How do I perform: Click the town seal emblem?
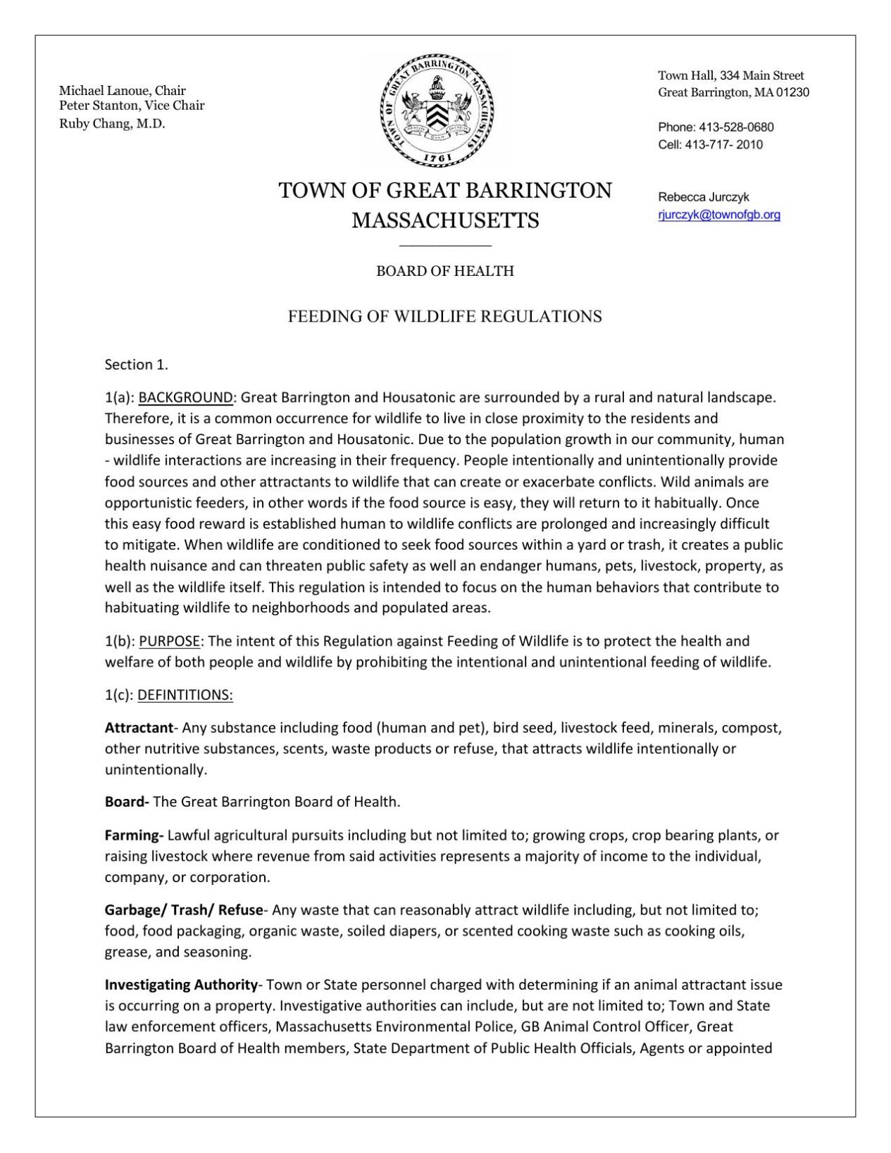click(437, 111)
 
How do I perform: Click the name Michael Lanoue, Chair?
click(122, 90)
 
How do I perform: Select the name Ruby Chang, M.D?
click(112, 124)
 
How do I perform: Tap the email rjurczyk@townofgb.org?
click(719, 215)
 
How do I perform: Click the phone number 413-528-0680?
click(736, 127)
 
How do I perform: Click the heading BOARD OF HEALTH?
click(444, 271)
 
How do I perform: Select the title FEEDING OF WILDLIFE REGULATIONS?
click(444, 317)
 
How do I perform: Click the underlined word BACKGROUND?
click(185, 397)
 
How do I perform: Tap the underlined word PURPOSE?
click(170, 641)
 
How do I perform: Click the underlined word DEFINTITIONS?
click(185, 695)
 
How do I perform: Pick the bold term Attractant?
click(139, 728)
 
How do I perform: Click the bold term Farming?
click(133, 836)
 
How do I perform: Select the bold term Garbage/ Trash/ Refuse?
click(184, 910)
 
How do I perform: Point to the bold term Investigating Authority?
click(181, 985)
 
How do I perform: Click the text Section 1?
click(137, 365)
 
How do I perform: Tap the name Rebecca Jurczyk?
click(704, 197)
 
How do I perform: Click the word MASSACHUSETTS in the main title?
click(445, 220)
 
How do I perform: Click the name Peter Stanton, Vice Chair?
click(132, 106)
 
